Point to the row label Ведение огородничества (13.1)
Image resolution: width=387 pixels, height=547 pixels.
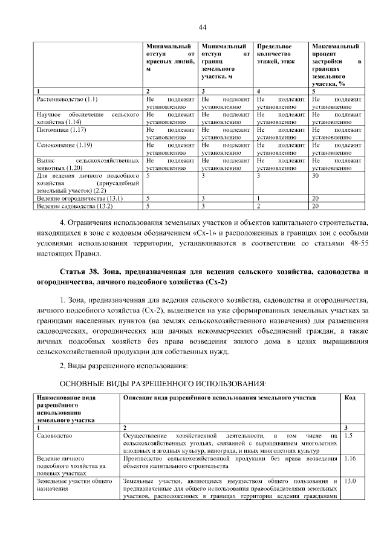pyautogui.click(x=72, y=198)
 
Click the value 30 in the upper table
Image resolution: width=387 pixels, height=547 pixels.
pyautogui.click(x=314, y=176)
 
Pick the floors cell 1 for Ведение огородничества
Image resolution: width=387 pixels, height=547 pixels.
pyautogui.click(x=258, y=198)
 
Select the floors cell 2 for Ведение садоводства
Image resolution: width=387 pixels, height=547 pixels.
pyautogui.click(x=258, y=207)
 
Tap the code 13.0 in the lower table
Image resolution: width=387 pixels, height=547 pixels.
pyautogui.click(x=350, y=481)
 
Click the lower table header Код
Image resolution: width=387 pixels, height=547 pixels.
pyautogui.click(x=350, y=398)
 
